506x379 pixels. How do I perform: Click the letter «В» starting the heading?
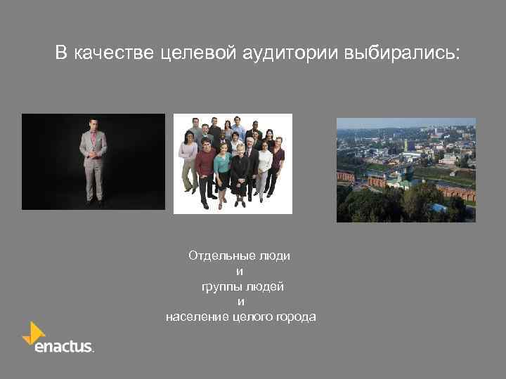pos(62,53)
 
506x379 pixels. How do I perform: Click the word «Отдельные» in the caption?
pos(214,256)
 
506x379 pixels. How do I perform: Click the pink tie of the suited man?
pos(93,140)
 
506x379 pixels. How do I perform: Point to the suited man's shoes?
pos(93,202)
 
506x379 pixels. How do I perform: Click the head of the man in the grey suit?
pos(93,125)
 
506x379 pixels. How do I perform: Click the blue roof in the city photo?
pos(439,208)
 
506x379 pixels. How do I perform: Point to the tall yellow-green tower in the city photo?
pos(405,145)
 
